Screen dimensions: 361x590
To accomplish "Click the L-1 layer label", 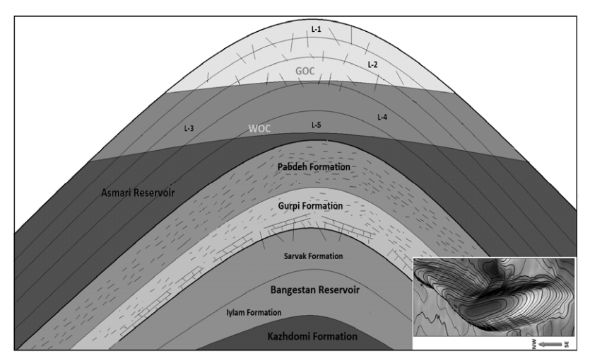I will (317, 29).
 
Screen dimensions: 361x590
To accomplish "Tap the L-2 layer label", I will (373, 64).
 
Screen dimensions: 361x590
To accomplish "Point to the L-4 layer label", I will (382, 116).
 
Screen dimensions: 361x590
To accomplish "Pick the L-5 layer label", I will (318, 125).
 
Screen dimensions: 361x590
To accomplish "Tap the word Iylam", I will (238, 312).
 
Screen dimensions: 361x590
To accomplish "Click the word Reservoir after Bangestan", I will (348, 290).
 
